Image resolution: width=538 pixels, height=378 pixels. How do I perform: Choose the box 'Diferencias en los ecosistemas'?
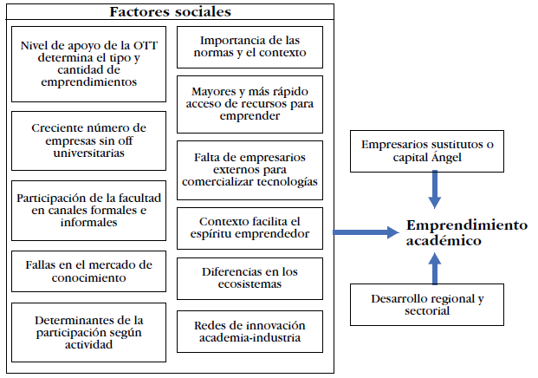(x=250, y=277)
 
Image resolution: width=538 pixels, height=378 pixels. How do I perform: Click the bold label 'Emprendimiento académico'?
(x=466, y=232)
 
